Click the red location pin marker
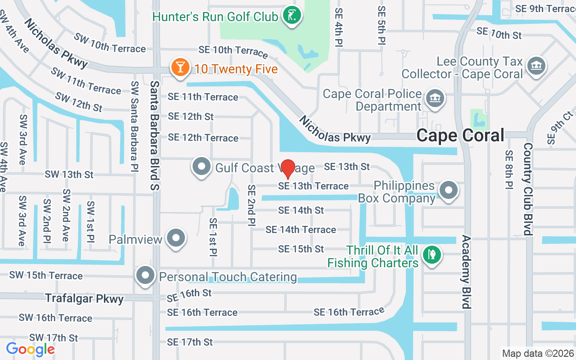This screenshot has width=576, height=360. point(288,169)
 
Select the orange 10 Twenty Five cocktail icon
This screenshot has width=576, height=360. point(180,68)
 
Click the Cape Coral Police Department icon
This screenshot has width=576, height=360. point(435,99)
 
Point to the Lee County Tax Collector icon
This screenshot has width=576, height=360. point(536,66)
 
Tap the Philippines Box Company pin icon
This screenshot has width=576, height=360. point(448,190)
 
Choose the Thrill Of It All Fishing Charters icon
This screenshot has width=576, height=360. point(432,255)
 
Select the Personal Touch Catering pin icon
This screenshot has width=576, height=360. point(145,276)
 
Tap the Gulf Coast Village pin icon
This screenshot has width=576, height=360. point(201,166)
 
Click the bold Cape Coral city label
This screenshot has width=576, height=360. point(460,135)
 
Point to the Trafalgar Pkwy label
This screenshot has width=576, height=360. point(84,298)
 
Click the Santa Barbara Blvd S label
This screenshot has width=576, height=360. point(155,138)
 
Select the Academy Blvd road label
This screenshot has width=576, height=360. point(466,272)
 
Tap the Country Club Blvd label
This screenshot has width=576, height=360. point(528,189)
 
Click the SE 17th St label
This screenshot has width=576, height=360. point(189,342)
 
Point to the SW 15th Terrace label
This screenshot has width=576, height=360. point(46,275)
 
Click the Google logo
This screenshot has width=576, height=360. point(30,349)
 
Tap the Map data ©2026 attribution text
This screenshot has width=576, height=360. point(538,353)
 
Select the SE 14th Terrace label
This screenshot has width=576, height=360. point(301,229)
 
